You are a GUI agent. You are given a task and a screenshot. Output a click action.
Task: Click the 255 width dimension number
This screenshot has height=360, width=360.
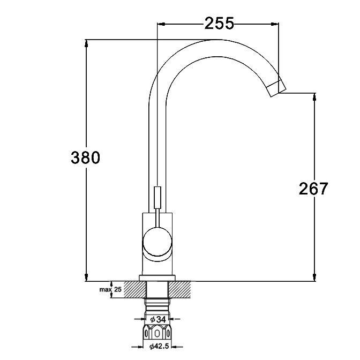pos(219,23)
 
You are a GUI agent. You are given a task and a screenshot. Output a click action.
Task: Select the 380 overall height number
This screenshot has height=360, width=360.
pos(85,157)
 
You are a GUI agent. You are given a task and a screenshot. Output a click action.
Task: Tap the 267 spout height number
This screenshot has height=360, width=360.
pos(313,189)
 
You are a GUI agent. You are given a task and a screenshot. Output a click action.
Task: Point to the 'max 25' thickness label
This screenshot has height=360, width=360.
pos(110,289)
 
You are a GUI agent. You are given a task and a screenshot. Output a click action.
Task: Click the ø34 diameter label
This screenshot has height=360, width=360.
pos(158,319)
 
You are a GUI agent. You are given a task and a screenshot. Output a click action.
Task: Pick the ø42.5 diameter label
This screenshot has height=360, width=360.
pos(159,346)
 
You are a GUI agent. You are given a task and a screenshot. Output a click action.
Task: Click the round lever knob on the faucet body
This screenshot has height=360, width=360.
pos(157,242)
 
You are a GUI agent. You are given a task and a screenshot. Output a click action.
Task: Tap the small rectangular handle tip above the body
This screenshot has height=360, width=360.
pos(157,198)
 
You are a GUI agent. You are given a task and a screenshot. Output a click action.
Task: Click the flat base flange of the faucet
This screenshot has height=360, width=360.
pos(157,278)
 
